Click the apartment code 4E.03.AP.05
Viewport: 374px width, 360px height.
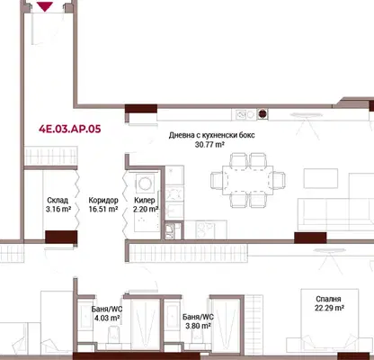pos(70,129)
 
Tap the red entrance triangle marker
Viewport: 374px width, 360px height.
pos(45,6)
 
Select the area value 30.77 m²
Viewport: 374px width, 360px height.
pos(209,145)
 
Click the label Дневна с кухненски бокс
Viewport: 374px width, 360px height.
pos(211,135)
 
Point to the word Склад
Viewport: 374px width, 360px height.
pos(58,200)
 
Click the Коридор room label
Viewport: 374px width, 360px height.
pos(103,200)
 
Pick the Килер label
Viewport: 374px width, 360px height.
pos(145,200)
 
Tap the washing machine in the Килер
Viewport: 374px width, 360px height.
pos(146,183)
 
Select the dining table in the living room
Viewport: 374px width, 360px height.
pos(247,180)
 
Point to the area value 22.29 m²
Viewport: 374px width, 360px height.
pos(329,308)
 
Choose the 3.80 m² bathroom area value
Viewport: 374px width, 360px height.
pos(198,326)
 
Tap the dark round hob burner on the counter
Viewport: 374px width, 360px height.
pos(263,114)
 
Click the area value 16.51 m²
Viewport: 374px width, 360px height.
pos(103,209)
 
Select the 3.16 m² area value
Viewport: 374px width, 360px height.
pos(58,209)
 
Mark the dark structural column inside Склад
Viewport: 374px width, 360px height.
pos(61,237)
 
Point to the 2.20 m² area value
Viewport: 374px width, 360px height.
pos(146,209)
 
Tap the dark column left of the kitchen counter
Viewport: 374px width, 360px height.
pos(141,109)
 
